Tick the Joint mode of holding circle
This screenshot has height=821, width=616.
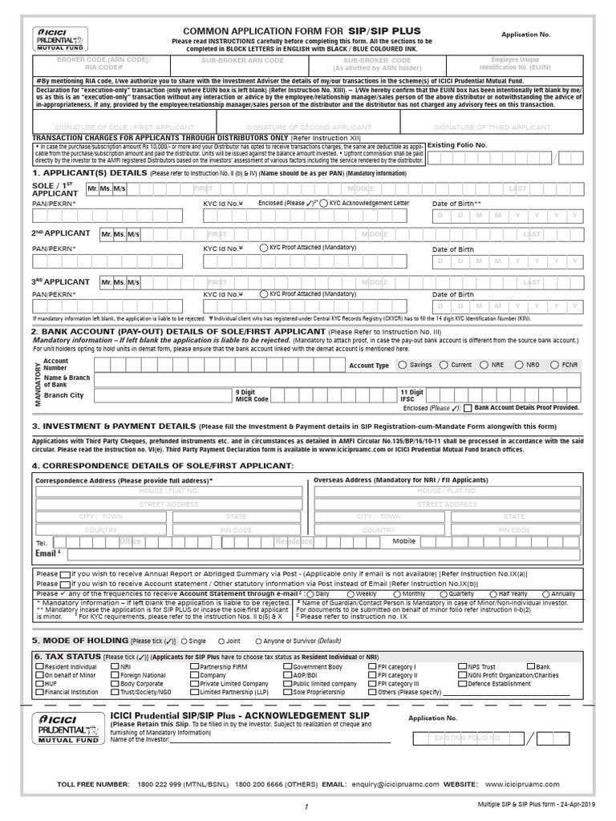pyautogui.click(x=221, y=641)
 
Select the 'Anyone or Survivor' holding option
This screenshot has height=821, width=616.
pyautogui.click(x=259, y=641)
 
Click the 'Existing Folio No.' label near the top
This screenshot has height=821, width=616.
pyautogui.click(x=456, y=145)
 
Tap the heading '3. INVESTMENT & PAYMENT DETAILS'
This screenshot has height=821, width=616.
pyautogui.click(x=112, y=426)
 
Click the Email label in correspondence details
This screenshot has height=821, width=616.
pyautogui.click(x=45, y=553)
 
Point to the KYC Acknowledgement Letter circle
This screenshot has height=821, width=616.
pyautogui.click(x=322, y=204)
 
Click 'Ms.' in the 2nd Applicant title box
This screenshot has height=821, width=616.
pyautogui.click(x=119, y=234)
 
